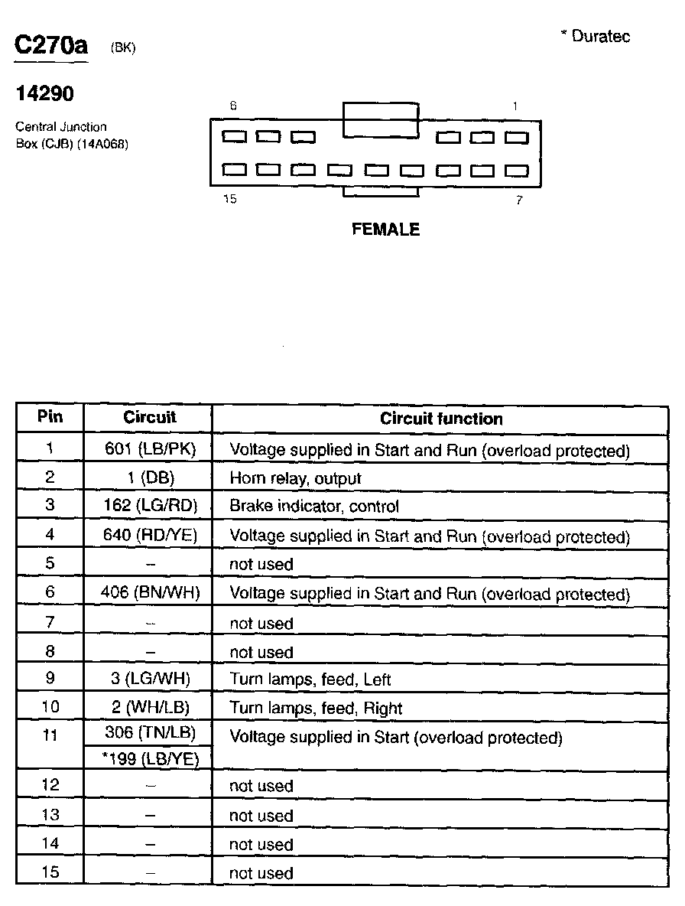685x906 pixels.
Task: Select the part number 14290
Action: [45, 94]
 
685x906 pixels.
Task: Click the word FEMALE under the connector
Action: [385, 229]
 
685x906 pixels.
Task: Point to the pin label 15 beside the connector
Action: [229, 200]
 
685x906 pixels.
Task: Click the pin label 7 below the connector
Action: [519, 200]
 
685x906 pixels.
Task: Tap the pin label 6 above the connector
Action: [232, 106]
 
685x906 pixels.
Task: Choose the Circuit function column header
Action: [441, 419]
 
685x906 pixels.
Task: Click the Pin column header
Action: [50, 417]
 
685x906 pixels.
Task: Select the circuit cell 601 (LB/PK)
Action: [150, 450]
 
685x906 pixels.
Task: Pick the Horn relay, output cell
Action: [295, 478]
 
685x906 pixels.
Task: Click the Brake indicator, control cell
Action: [314, 507]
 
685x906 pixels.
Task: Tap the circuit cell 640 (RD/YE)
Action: [150, 536]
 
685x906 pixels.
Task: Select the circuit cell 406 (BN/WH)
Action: [150, 593]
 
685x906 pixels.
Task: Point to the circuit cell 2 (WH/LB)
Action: [150, 708]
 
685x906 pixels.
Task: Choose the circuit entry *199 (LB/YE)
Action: [150, 758]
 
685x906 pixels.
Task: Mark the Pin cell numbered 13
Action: [50, 815]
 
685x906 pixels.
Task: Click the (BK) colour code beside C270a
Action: [123, 47]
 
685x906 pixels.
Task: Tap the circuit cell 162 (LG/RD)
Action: [150, 507]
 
